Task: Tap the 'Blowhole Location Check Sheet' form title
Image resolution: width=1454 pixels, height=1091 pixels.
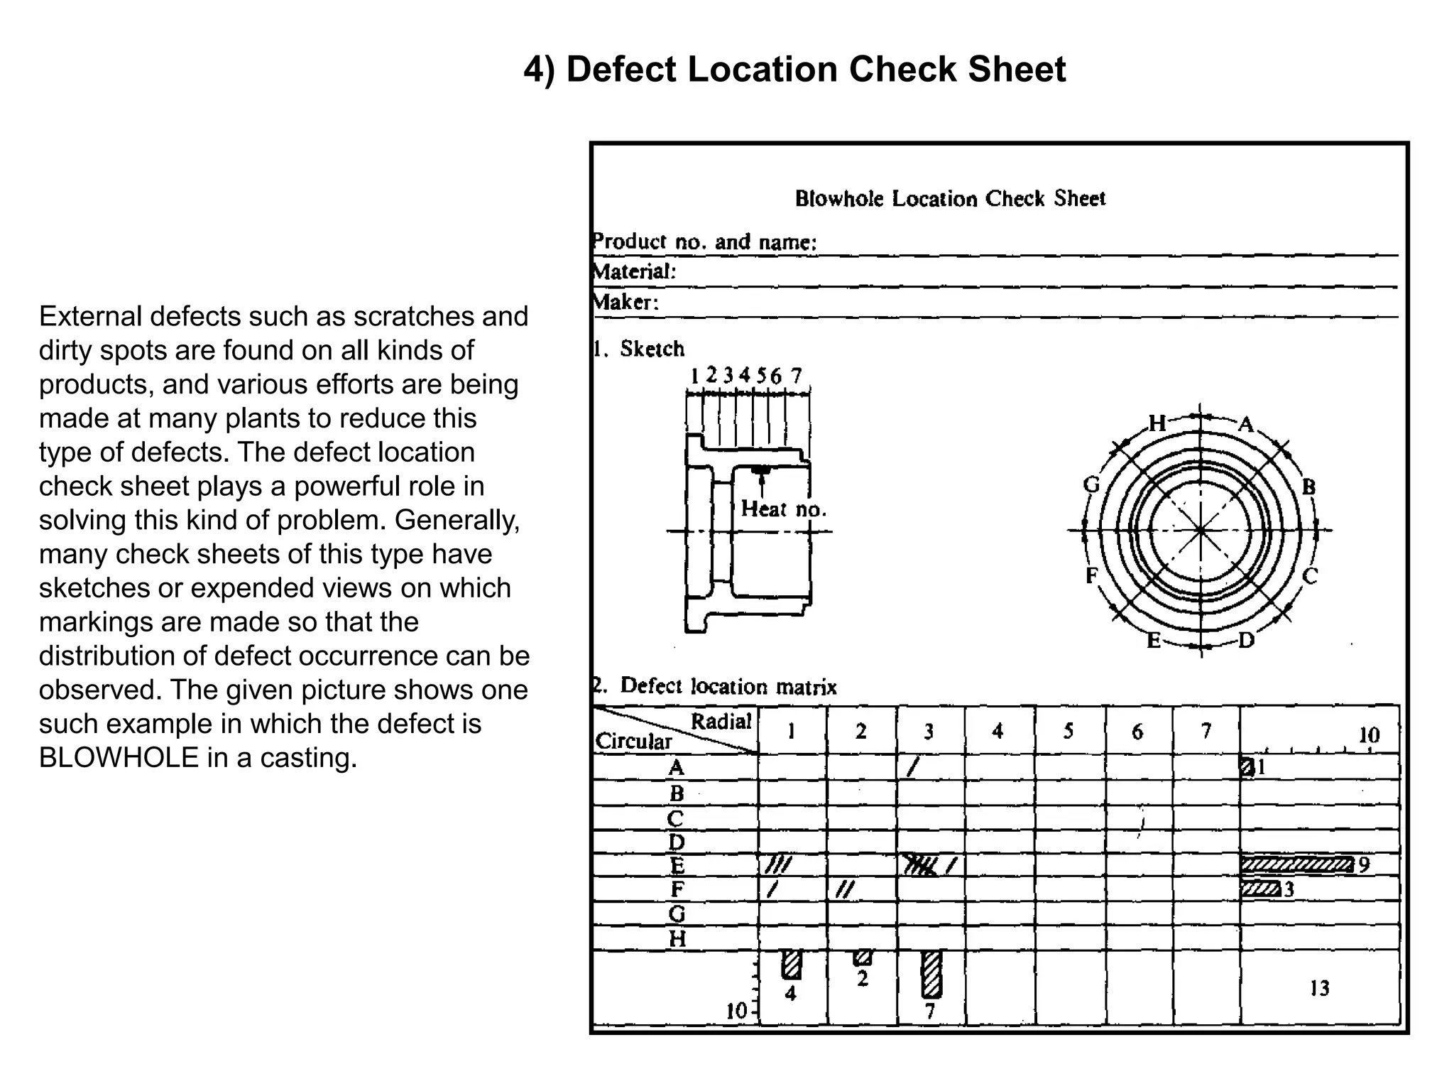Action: click(x=950, y=198)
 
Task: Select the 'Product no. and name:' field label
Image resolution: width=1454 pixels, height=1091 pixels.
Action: click(x=704, y=242)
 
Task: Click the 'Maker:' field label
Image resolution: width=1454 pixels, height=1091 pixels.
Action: click(x=625, y=303)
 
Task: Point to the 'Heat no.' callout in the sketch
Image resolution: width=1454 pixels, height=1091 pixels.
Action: click(x=783, y=509)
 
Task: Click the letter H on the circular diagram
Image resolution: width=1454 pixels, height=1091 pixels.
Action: click(x=1157, y=423)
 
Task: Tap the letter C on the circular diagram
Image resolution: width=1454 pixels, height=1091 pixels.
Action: click(x=1310, y=576)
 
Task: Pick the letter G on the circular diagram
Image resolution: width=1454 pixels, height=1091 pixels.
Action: click(x=1091, y=484)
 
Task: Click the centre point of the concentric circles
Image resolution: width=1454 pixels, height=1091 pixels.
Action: click(x=1201, y=530)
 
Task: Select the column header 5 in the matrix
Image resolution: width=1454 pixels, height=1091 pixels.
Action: click(x=1068, y=732)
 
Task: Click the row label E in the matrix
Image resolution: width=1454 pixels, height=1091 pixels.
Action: click(x=677, y=866)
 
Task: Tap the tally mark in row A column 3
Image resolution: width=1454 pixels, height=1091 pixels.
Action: click(x=913, y=766)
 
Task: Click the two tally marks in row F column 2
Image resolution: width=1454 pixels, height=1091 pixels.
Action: click(x=844, y=889)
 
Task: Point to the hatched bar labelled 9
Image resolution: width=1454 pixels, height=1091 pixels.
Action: click(x=1296, y=864)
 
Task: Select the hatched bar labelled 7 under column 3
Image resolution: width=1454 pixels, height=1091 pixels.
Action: click(x=931, y=974)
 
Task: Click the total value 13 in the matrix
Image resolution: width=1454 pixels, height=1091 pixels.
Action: click(x=1319, y=988)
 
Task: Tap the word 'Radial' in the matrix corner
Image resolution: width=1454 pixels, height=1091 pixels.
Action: click(x=721, y=722)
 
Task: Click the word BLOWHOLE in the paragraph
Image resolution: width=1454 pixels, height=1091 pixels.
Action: click(x=118, y=758)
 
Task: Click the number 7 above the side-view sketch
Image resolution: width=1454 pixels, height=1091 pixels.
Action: click(x=797, y=375)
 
